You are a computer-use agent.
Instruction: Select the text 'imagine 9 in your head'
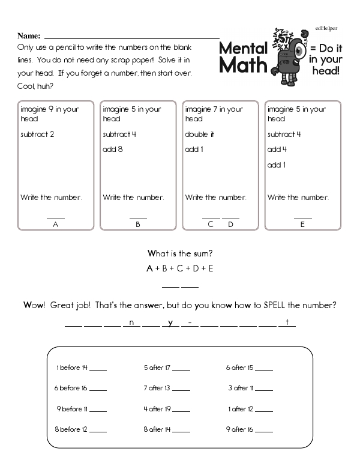point(49,113)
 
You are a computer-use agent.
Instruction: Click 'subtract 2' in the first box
point(37,135)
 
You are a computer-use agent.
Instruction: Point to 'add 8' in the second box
point(112,150)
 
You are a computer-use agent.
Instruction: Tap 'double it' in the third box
point(199,135)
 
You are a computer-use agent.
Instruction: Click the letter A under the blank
point(56,224)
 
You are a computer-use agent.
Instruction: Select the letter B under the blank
point(138,224)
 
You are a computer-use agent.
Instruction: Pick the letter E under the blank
point(302,224)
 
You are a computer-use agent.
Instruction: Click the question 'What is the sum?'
point(181,253)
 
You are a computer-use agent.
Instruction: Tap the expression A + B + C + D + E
point(181,268)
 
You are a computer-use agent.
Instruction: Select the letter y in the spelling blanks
point(170,323)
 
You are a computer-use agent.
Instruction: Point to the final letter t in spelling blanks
point(287,323)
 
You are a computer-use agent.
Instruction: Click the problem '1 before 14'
point(72,368)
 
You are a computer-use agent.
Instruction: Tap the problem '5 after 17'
point(157,368)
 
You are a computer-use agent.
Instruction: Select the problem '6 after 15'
point(239,368)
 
